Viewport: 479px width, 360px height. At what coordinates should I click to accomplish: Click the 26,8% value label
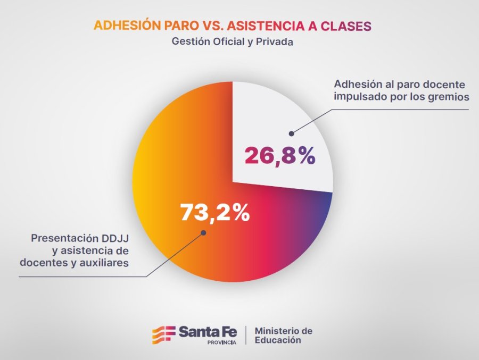(x=280, y=155)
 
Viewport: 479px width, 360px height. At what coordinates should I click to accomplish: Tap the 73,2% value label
(x=214, y=212)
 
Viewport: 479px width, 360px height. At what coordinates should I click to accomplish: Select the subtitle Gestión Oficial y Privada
(x=233, y=42)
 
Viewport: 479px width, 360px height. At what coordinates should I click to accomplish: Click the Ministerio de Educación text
(x=283, y=336)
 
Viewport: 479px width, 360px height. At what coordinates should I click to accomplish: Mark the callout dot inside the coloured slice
(x=202, y=232)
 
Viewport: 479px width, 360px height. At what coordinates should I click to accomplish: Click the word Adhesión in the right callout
(x=358, y=84)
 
